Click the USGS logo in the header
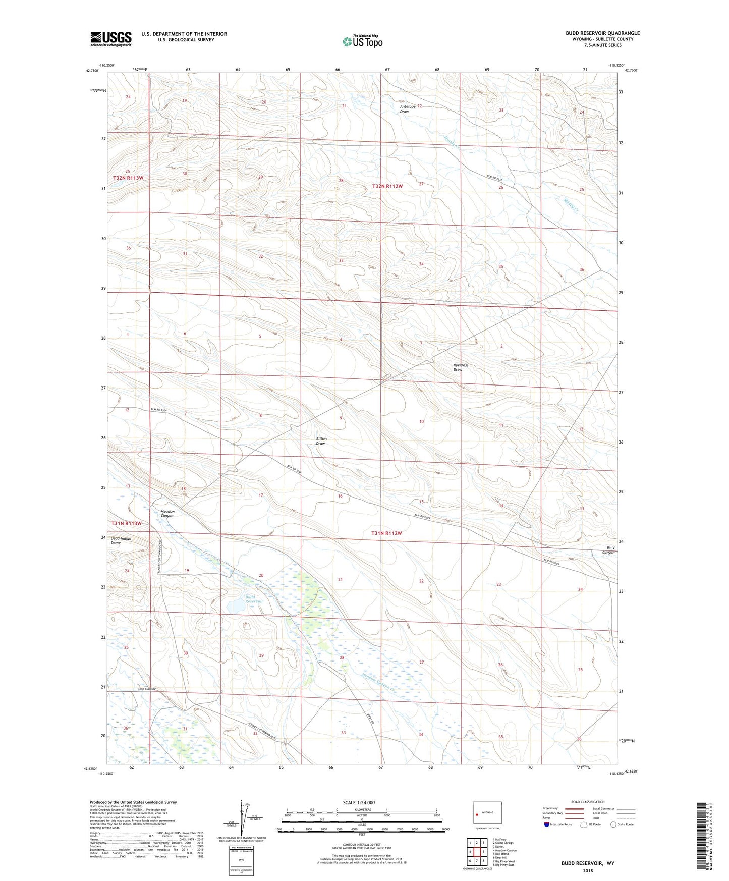pyautogui.click(x=111, y=38)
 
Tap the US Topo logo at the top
pyautogui.click(x=362, y=41)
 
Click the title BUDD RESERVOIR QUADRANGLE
pyautogui.click(x=602, y=33)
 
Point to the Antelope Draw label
pyautogui.click(x=408, y=109)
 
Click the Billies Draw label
pyautogui.click(x=321, y=441)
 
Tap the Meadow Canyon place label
pyautogui.click(x=167, y=513)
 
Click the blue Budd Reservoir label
pyautogui.click(x=254, y=599)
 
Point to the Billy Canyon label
pyautogui.click(x=610, y=549)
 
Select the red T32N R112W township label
pyautogui.click(x=387, y=186)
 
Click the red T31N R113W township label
pyautogui.click(x=127, y=523)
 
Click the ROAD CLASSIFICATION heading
pyautogui.click(x=588, y=802)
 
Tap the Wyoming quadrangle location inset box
pyautogui.click(x=487, y=813)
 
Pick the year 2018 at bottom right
pyautogui.click(x=587, y=870)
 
